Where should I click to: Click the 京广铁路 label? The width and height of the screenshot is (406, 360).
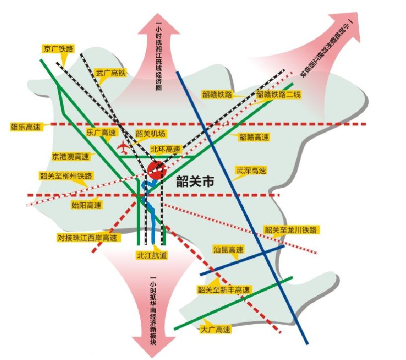pos(58,49)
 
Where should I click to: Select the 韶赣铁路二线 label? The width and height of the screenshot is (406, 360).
pos(278,94)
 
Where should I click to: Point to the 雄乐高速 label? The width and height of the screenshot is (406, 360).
pos(25,126)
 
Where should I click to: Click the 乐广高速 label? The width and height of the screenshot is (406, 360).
pos(101,133)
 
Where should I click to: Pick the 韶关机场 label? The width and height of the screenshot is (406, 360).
pos(150,134)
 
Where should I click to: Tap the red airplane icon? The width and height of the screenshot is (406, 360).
pos(123,147)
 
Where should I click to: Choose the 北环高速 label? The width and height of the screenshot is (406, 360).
pos(165,149)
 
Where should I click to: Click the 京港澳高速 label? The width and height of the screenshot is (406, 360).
pos(70,156)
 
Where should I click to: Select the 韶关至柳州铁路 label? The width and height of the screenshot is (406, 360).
pos(66,176)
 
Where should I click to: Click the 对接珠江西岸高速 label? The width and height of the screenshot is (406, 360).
pos(89,238)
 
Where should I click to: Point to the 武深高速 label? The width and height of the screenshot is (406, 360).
pos(251,171)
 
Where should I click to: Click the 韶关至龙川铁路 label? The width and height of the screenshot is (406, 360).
pos(291,230)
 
